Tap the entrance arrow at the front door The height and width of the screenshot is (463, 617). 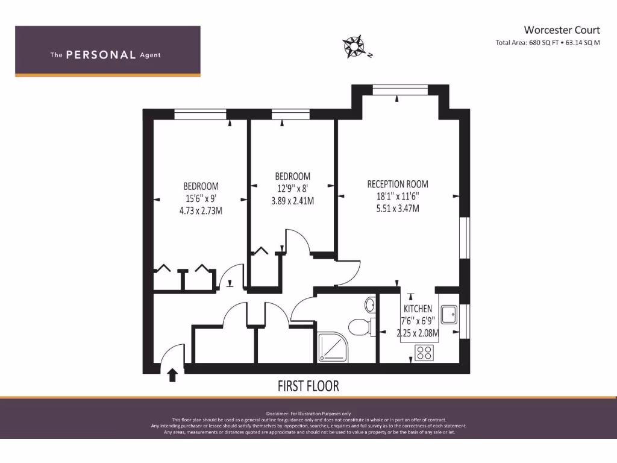172,375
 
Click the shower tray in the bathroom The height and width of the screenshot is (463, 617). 332,348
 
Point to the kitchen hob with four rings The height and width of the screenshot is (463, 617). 424,352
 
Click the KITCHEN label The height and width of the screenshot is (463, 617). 418,309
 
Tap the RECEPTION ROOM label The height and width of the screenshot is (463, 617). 398,184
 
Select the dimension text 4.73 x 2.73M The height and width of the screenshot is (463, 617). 201,210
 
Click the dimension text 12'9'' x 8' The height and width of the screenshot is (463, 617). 292,188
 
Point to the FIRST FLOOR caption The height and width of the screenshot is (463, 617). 308,385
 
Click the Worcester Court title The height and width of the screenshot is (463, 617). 562,30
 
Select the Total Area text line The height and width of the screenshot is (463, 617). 547,43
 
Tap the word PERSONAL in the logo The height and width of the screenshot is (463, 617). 101,55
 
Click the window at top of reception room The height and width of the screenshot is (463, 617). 396,90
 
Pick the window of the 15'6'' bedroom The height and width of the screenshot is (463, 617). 200,114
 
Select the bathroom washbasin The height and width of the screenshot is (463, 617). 370,304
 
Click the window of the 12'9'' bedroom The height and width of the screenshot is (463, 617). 290,114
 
